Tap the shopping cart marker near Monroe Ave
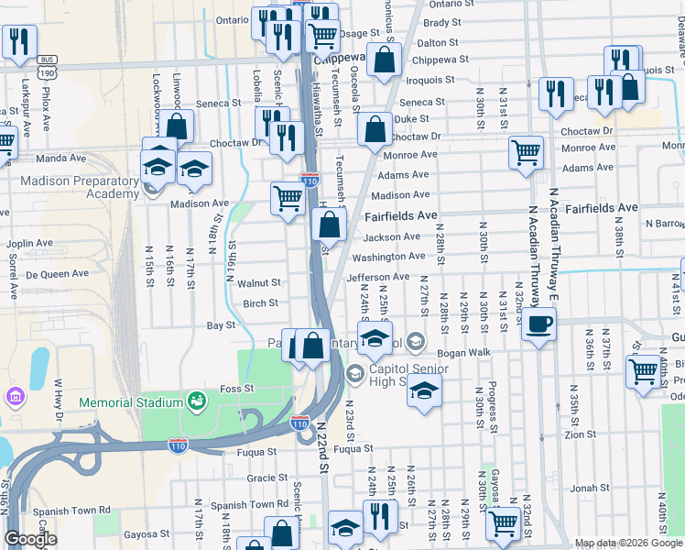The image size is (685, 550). click(x=526, y=152)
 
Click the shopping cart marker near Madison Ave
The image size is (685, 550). click(x=288, y=197)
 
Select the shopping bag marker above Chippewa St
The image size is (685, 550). click(x=386, y=60)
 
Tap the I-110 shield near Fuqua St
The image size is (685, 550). click(x=179, y=445)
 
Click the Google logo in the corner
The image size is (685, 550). click(x=30, y=539)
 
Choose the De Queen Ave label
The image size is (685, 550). click(x=58, y=274)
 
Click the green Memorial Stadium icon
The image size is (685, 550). click(x=197, y=401)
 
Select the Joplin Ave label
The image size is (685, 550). click(x=32, y=245)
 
